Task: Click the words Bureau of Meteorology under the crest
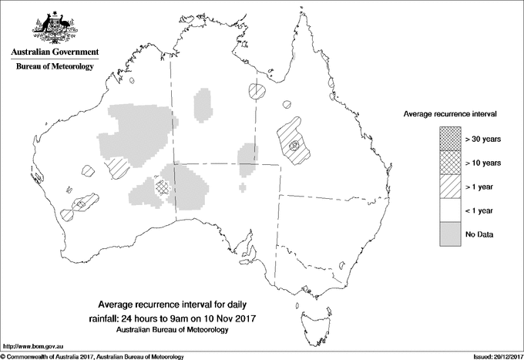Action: click(x=54, y=67)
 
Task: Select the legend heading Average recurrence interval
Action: click(x=450, y=113)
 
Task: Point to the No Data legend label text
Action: click(x=479, y=234)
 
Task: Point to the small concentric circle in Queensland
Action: click(x=294, y=145)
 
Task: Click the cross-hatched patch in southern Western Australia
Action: click(x=161, y=186)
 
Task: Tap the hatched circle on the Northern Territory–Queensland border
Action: click(x=256, y=92)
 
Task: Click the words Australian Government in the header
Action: click(x=54, y=52)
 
